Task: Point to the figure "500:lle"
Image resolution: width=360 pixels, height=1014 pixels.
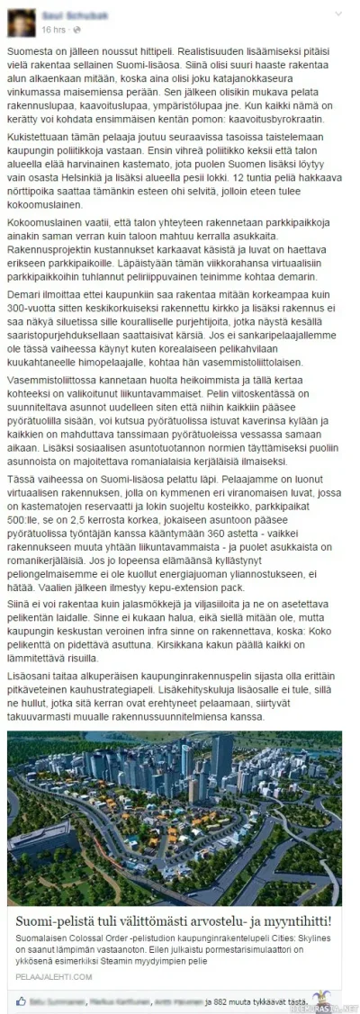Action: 27,545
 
